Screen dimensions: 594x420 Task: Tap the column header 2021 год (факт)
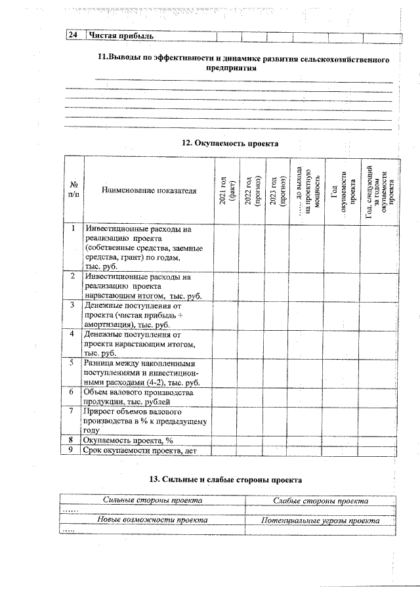coord(226,190)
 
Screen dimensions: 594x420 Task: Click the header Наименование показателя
coord(148,190)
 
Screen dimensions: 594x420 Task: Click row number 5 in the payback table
coord(72,363)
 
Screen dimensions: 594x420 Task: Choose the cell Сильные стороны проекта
coord(152,501)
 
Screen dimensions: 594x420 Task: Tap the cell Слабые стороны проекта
coord(320,501)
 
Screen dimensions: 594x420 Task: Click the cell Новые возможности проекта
coord(152,520)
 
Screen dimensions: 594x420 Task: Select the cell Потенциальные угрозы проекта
coord(320,520)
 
